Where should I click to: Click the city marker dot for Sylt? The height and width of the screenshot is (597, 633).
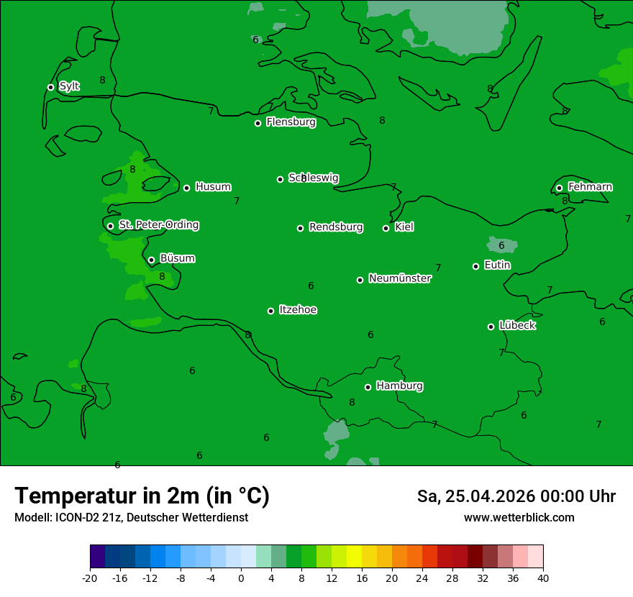tap(50, 87)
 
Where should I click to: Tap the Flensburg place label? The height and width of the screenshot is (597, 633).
tap(291, 122)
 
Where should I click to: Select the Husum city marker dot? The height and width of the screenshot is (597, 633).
tap(186, 188)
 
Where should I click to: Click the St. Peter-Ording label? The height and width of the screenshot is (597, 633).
tap(158, 225)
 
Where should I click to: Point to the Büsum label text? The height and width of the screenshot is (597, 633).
tap(177, 258)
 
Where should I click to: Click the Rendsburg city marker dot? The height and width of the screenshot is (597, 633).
tap(300, 228)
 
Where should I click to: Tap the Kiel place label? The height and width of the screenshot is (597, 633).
tap(404, 227)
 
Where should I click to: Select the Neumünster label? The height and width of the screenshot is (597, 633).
tap(399, 278)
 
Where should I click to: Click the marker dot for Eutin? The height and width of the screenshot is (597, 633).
tap(475, 266)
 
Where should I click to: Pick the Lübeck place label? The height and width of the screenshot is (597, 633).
tap(516, 325)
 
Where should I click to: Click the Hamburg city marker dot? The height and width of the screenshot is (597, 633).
tap(368, 387)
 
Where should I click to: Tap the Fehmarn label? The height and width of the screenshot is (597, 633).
tap(590, 187)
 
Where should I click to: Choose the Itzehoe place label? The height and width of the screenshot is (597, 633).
tap(298, 310)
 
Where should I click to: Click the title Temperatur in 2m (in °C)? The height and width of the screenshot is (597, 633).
tap(142, 496)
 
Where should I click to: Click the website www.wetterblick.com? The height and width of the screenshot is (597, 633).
tap(519, 518)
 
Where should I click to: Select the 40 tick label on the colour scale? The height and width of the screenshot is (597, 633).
tap(543, 578)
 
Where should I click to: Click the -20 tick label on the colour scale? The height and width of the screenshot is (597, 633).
tap(90, 578)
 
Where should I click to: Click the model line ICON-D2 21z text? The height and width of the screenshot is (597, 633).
tap(131, 518)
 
